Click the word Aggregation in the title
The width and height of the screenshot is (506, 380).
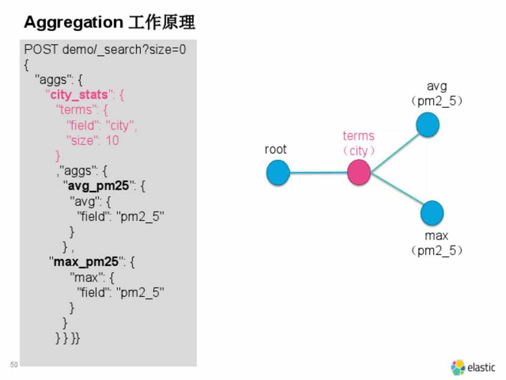point(73,23)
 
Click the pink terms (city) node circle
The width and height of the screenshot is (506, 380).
point(359,173)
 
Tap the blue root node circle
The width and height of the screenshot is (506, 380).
point(278,173)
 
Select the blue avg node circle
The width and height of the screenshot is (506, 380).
point(427,125)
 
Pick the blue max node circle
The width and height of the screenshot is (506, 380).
point(432,213)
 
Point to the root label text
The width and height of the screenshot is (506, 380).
point(276,149)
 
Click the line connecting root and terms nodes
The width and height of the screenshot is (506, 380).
point(318,173)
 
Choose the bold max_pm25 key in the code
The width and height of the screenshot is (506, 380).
point(84,262)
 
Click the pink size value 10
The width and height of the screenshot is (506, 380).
point(112,140)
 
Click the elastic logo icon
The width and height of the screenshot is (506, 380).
point(458,367)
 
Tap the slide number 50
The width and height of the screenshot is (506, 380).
point(14,365)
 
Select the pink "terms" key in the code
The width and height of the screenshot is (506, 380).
point(76,110)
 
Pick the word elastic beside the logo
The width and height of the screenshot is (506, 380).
point(481,367)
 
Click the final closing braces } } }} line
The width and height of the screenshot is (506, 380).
point(67,338)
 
